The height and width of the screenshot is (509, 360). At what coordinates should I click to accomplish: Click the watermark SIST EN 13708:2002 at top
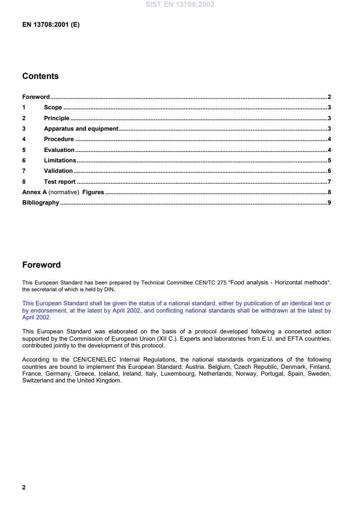click(179, 5)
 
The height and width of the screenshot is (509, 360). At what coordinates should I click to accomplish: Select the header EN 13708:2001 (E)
click(51, 25)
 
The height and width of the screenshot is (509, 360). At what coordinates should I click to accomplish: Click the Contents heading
click(40, 76)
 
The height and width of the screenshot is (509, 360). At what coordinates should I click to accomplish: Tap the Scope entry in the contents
click(53, 108)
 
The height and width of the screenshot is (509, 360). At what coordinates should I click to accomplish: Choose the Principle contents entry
click(57, 118)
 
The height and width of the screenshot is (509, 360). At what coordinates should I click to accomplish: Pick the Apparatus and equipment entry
click(81, 129)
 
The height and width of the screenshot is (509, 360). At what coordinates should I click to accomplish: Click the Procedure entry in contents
click(59, 139)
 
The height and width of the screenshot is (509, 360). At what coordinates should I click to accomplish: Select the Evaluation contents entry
click(59, 150)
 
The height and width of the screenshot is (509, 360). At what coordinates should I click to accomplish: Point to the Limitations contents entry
click(60, 160)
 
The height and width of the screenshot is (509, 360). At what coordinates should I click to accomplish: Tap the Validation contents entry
click(58, 171)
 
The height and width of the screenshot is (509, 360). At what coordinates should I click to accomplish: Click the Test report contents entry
click(59, 181)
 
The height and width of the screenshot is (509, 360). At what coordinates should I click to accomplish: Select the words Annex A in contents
click(34, 192)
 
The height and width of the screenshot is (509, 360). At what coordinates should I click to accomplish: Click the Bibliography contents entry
click(40, 202)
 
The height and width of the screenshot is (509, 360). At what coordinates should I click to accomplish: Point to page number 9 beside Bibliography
click(329, 202)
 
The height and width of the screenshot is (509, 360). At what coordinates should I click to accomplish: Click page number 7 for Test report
click(329, 181)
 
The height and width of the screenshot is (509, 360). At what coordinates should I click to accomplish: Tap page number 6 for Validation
click(329, 171)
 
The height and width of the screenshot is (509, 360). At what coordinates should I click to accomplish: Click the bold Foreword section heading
click(41, 265)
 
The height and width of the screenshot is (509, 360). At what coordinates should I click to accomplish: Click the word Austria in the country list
click(189, 365)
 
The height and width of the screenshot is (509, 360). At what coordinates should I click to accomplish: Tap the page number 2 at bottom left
click(24, 488)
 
